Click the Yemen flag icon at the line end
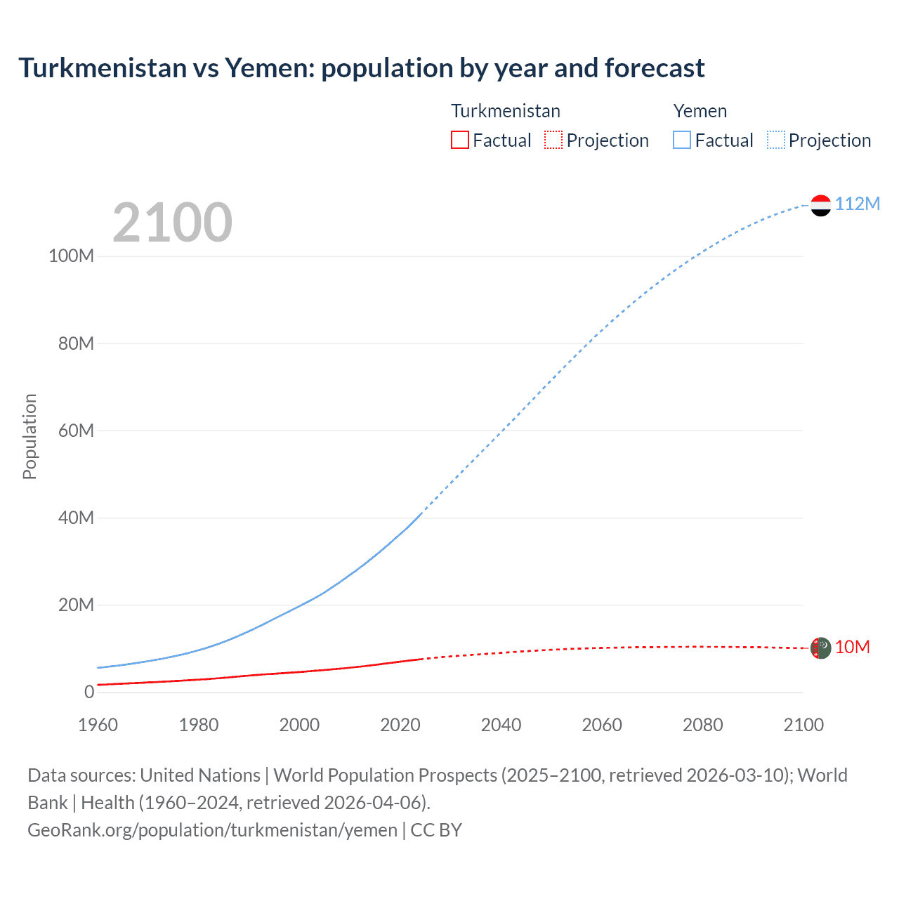820,205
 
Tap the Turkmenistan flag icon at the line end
820,648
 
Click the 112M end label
857,204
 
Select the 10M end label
852,647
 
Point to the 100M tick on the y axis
71,256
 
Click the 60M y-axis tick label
76,431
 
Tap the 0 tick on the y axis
89,692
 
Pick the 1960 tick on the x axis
98,725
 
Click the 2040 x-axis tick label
501,725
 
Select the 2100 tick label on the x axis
803,725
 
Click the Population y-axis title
29,436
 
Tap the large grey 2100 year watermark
172,223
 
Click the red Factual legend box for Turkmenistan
459,140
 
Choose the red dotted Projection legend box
553,140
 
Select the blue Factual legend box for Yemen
681,140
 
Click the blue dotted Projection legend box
775,140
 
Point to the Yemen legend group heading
700,111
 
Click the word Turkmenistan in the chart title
103,68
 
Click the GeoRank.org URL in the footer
212,830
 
